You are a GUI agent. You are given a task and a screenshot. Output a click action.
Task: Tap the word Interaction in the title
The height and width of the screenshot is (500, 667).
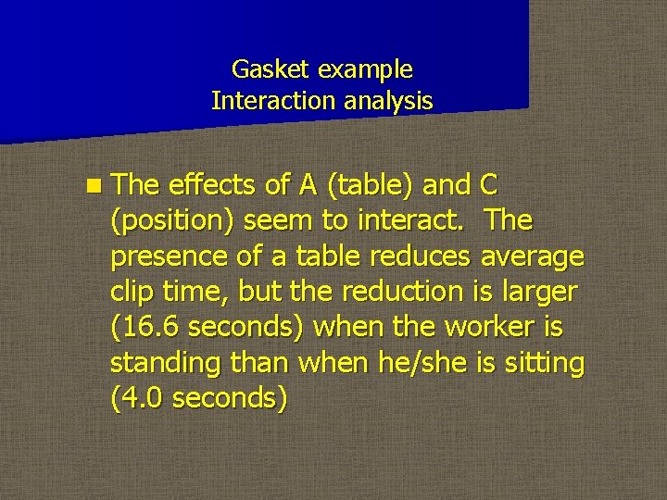(264, 100)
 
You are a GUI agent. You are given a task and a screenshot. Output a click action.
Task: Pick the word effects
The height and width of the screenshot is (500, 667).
(211, 184)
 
